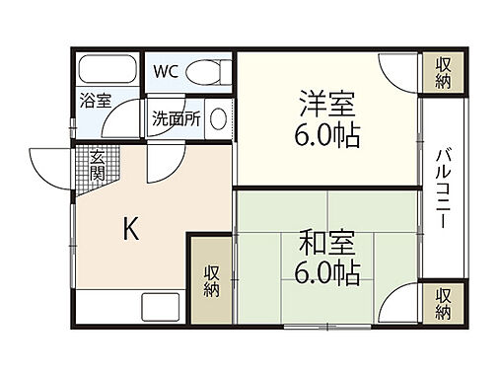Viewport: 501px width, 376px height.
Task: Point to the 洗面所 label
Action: [176, 118]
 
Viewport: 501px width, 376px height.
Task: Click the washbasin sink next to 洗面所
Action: [218, 118]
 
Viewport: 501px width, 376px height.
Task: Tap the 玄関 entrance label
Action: [99, 165]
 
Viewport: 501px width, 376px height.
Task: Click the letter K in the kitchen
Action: [130, 229]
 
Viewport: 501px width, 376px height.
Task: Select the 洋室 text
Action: [327, 104]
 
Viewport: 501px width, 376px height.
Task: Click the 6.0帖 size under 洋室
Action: [327, 133]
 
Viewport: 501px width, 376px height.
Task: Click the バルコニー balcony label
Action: [444, 188]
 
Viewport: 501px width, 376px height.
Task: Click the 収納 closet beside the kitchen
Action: [212, 280]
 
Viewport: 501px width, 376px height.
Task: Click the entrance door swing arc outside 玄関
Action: [49, 164]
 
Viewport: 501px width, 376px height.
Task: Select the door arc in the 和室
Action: [398, 304]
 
